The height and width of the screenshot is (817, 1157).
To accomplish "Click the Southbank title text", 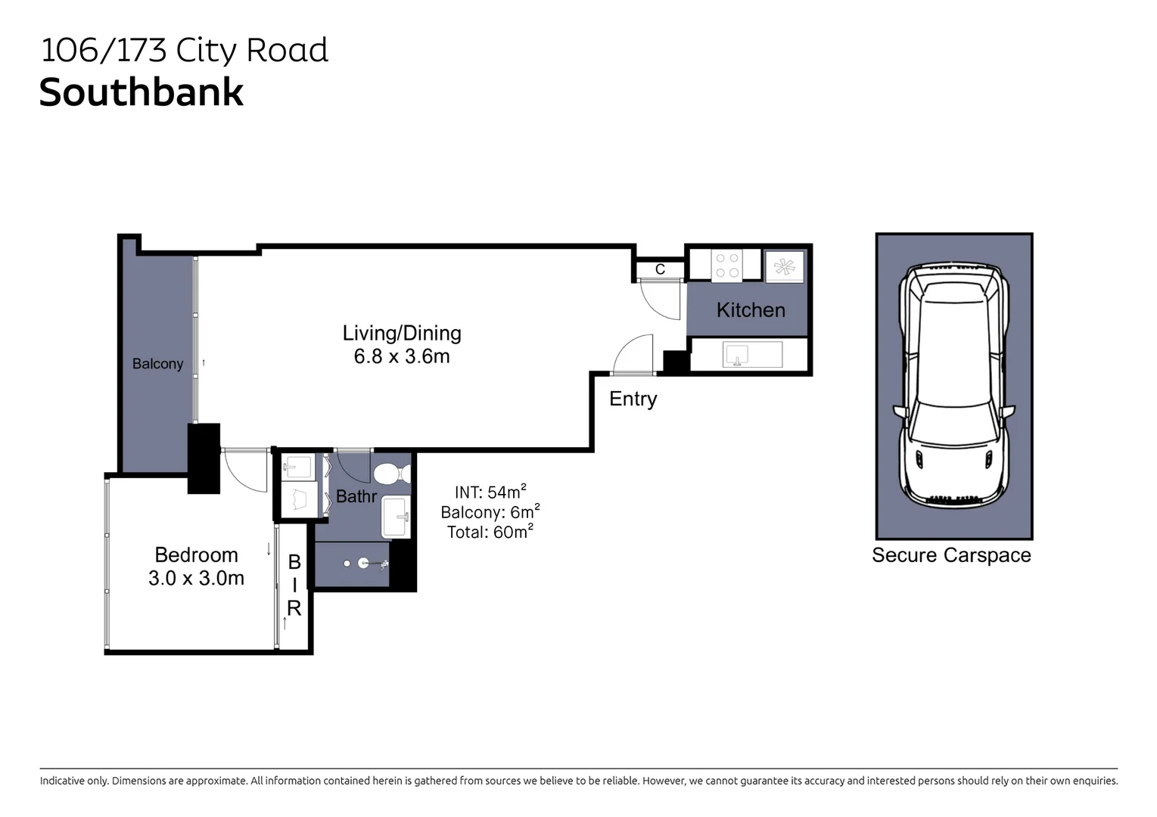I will coord(142,93).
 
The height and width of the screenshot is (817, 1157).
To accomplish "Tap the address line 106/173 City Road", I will coord(184,51).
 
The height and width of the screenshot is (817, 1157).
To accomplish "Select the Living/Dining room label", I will coord(402,333).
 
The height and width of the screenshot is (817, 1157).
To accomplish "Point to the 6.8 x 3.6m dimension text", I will coord(402,356).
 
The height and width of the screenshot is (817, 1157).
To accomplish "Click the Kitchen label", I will coord(751,310).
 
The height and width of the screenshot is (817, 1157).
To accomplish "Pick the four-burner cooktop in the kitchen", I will coord(726,265).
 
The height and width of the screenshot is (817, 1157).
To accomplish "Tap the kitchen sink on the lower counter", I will coord(736,354).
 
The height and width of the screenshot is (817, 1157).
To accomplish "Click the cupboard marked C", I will coord(660,269).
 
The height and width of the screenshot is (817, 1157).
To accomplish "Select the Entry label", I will coord(633,399).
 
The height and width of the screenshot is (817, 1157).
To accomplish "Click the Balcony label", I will coord(157,364).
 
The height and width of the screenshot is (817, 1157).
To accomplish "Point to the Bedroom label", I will coord(196,555).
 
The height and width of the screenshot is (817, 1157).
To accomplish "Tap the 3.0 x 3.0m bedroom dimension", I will coord(196,579).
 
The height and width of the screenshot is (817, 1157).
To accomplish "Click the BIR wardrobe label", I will coord(294,585).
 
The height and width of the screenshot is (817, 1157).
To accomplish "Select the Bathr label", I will coord(356,496).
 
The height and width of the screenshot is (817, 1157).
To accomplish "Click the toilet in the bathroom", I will coord(390,474).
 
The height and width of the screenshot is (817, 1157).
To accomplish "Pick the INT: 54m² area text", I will coord(490,492).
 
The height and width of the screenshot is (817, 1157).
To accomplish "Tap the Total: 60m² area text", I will coord(490,532).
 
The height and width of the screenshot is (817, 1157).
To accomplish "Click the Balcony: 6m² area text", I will coord(490,512).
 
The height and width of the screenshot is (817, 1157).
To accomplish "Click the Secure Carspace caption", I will coord(951,555).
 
